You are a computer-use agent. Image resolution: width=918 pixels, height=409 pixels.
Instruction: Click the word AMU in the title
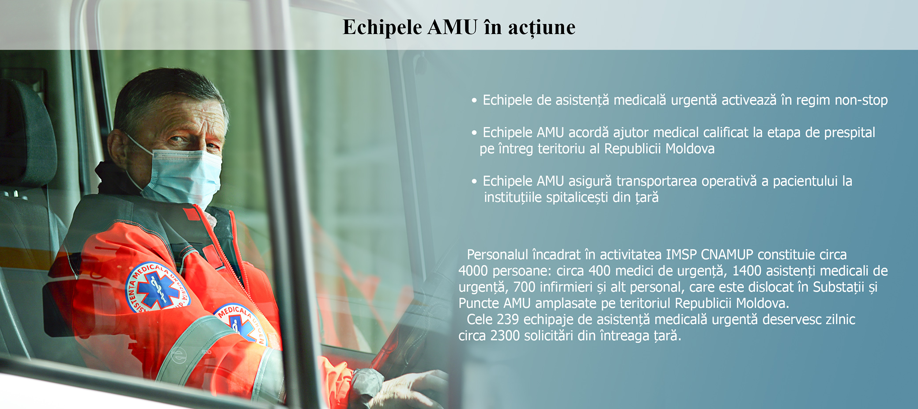(453, 27)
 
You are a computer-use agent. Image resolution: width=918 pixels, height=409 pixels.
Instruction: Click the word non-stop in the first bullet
(861, 100)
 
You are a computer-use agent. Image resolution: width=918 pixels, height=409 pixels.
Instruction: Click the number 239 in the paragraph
(508, 320)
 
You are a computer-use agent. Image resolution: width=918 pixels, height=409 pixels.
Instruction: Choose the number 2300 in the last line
(505, 336)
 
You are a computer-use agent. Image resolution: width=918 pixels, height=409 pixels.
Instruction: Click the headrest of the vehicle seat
(26, 133)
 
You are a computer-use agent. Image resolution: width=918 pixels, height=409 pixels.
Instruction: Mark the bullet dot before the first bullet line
(474, 101)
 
